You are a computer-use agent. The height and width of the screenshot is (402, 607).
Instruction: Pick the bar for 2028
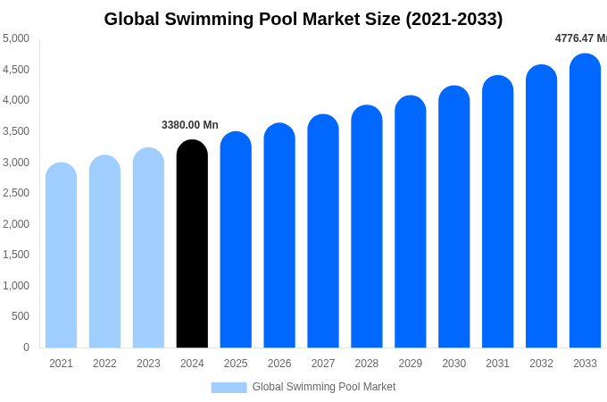pos(367,227)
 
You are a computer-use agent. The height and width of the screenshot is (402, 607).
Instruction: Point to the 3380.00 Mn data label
pos(189,125)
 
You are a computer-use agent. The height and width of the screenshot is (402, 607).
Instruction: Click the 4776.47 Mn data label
pos(580,38)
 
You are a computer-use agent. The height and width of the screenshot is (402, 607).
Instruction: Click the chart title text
pos(303,19)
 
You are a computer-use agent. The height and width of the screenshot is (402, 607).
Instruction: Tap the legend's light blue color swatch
pos(229,388)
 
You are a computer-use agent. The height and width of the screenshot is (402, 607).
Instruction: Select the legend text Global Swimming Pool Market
pos(323,387)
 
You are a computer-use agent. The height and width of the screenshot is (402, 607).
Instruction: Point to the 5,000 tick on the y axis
pos(16,38)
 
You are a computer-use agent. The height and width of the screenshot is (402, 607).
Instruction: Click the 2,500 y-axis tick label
pos(16,193)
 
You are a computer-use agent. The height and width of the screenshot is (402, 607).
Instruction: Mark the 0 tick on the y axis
pos(26,348)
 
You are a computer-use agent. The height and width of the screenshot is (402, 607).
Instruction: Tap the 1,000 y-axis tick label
pos(16,286)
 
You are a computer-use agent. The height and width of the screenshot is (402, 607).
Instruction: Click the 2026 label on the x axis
pos(279,364)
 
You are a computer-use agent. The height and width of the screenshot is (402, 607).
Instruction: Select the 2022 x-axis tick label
pos(104,364)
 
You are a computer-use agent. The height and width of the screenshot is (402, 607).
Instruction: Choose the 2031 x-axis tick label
pos(497,364)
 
